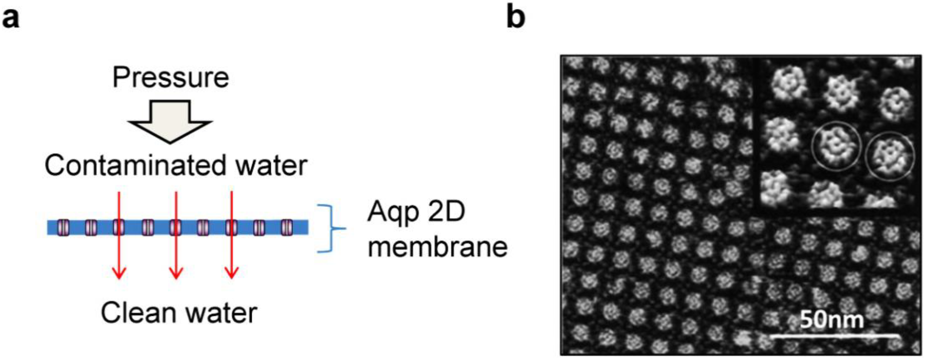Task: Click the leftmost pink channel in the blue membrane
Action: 64,228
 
